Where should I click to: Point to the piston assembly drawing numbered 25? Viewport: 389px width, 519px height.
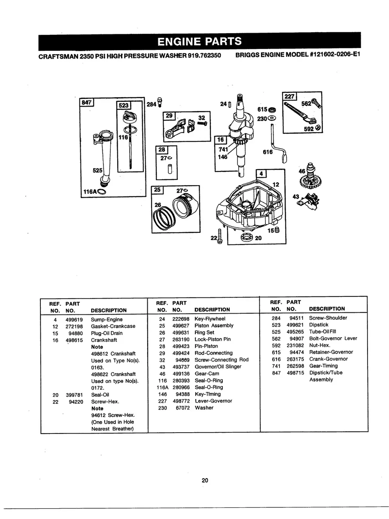182,209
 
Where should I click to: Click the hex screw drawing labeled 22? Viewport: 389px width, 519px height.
220,238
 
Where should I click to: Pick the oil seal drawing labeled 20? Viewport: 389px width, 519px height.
246,238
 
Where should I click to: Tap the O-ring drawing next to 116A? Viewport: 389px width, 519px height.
102,192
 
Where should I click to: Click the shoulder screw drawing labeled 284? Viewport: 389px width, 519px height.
160,102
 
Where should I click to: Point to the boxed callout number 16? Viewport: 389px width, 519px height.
219,140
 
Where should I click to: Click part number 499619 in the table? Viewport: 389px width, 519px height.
74,320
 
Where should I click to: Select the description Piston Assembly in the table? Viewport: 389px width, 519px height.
214,326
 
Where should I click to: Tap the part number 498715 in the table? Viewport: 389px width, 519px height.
295,373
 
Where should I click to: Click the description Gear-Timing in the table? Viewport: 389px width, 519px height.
323,366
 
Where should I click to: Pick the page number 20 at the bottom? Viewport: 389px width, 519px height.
205,480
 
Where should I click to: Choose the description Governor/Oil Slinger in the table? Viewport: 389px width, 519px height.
218,367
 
